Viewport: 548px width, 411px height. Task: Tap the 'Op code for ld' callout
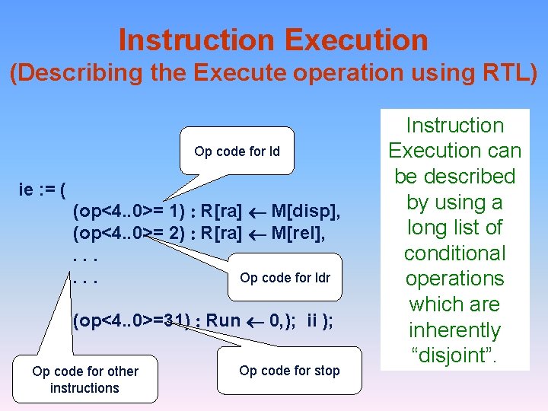point(237,151)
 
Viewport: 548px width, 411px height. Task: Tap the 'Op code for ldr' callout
point(285,278)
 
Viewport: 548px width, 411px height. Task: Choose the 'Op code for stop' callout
point(289,371)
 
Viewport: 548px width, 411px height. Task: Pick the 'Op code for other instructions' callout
point(84,379)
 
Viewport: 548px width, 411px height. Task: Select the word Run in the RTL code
point(223,320)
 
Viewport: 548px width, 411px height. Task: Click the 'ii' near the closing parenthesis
point(312,320)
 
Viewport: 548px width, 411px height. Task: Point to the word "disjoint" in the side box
point(455,355)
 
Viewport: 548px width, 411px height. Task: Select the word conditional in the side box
point(454,253)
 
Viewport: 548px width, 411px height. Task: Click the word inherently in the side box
point(454,330)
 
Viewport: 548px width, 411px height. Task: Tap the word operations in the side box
point(454,279)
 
